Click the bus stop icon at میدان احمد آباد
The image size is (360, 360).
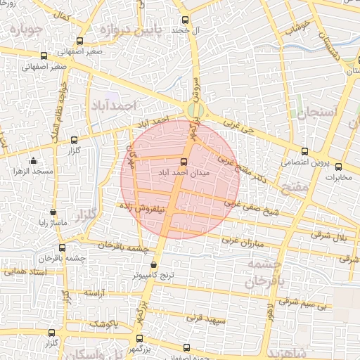tap(184, 161)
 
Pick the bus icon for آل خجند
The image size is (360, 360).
tap(185, 20)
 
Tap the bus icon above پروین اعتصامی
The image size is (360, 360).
tap(304, 151)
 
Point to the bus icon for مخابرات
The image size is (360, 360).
tap(338, 167)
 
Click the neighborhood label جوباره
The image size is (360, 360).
tap(22, 30)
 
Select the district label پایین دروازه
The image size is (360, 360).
tap(135, 30)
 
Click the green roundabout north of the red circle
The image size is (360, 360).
tap(196, 110)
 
